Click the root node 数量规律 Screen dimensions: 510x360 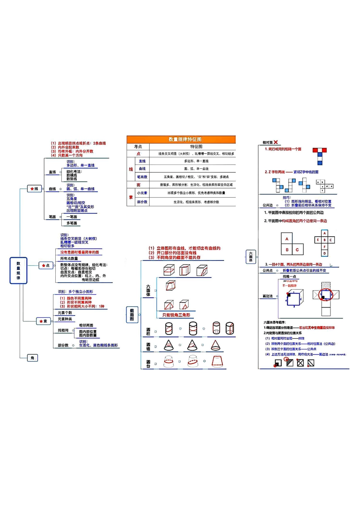pyautogui.click(x=18, y=270)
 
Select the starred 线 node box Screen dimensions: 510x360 pyautogui.click(x=34, y=188)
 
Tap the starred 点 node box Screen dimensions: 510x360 pyautogui.click(x=46, y=265)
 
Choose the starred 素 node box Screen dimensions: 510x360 pyautogui.click(x=44, y=321)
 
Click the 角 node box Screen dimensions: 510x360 pyautogui.click(x=32, y=358)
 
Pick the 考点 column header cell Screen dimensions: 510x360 pyautogui.click(x=138, y=146)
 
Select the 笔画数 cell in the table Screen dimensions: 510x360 pyautogui.click(x=142, y=177)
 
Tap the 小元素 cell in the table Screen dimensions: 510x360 pyautogui.click(x=142, y=193)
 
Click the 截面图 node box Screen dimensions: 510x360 pyautogui.click(x=132, y=315)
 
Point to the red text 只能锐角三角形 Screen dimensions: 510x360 pyautogui.click(x=176, y=315)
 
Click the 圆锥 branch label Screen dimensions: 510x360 pyautogui.click(x=148, y=347)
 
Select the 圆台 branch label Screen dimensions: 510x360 pyautogui.click(x=148, y=364)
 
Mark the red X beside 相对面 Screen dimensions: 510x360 pyautogui.click(x=276, y=142)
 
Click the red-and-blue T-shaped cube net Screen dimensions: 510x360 pyautogui.click(x=319, y=156)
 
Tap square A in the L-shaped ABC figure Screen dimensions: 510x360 pyautogui.click(x=287, y=239)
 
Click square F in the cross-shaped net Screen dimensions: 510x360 pyautogui.click(x=324, y=247)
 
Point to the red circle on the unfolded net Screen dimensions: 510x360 pyautogui.click(x=325, y=294)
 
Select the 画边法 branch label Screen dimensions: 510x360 pyautogui.click(x=268, y=296)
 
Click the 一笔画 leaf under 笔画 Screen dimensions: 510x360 pyautogui.click(x=72, y=217)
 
